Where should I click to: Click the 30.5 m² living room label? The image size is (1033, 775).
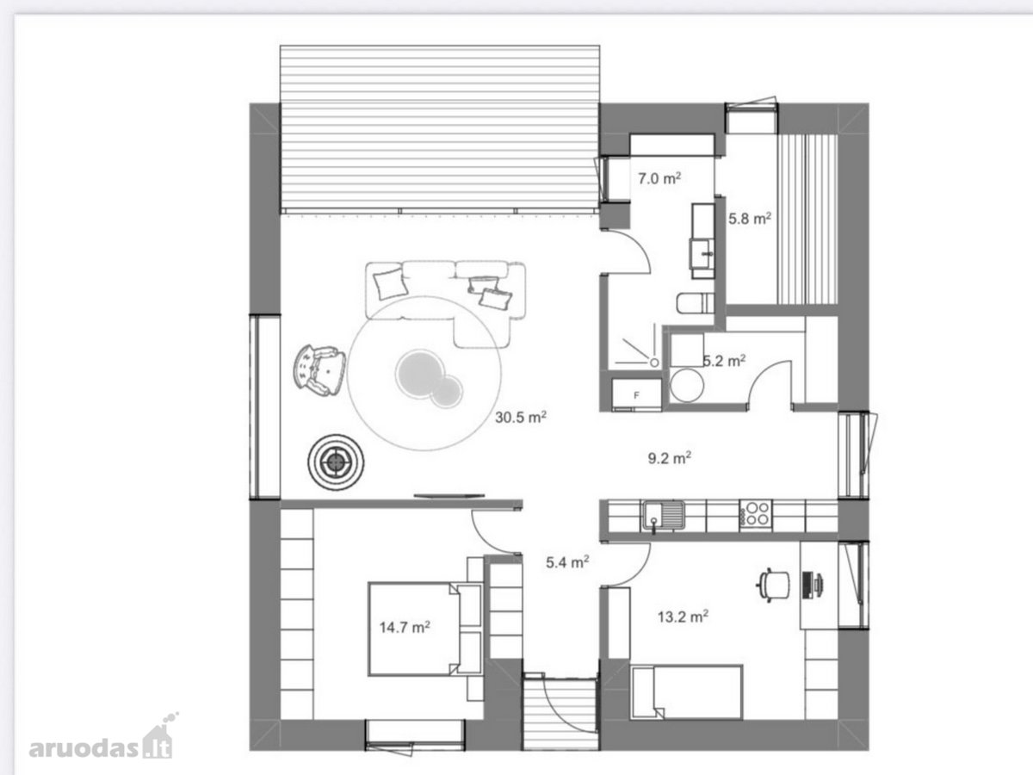pos(521,417)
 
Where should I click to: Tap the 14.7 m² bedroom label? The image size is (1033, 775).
pos(405,627)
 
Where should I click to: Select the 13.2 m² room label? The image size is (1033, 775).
pos(683,616)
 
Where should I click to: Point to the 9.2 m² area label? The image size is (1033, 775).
pos(669,457)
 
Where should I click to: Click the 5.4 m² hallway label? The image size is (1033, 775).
pos(567,561)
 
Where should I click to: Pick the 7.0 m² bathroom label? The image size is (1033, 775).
pos(659,178)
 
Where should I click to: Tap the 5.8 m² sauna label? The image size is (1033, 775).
pos(750,219)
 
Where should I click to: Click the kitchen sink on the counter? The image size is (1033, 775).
pos(663,516)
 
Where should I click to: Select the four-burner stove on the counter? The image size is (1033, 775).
pos(756,514)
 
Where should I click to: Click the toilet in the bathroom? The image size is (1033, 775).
pos(695,303)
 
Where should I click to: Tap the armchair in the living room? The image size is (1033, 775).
pos(319,370)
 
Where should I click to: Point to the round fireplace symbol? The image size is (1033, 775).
pos(336,462)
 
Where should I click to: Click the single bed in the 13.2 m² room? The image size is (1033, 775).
pos(686,692)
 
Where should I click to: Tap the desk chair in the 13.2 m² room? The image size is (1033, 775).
pos(773,586)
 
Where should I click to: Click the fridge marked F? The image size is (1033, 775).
pos(636,394)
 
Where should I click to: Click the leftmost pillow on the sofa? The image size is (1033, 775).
pos(390,284)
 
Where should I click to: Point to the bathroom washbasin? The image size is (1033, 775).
pos(702,253)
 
